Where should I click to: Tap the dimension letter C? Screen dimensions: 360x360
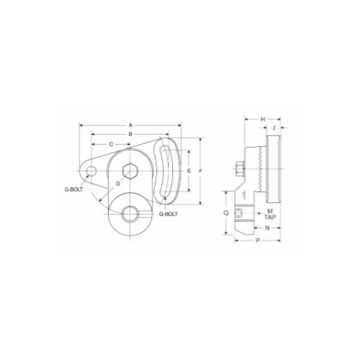[110, 144]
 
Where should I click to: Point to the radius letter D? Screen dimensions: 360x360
[118, 184]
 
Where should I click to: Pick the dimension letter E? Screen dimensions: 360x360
[188, 171]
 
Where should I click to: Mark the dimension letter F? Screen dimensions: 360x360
[202, 171]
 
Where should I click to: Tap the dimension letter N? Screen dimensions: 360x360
[267, 228]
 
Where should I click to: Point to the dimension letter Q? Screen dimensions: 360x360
[226, 213]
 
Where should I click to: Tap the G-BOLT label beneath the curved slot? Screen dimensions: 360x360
[168, 214]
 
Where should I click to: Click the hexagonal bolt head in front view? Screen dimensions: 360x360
[131, 171]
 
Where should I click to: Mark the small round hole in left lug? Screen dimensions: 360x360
[91, 171]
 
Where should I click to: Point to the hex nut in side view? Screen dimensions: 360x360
[238, 171]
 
